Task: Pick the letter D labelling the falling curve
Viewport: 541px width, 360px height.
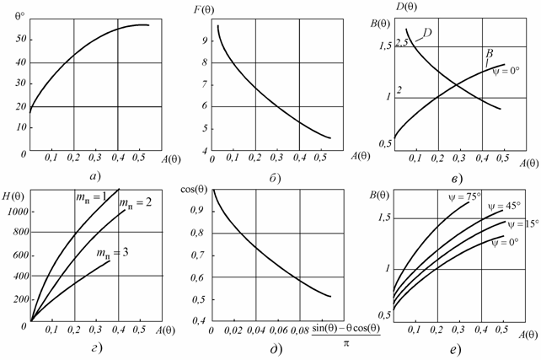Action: click(x=428, y=34)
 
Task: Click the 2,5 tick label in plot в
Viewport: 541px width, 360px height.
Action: click(x=400, y=41)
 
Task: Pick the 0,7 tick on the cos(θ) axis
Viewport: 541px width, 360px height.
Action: click(x=199, y=254)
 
